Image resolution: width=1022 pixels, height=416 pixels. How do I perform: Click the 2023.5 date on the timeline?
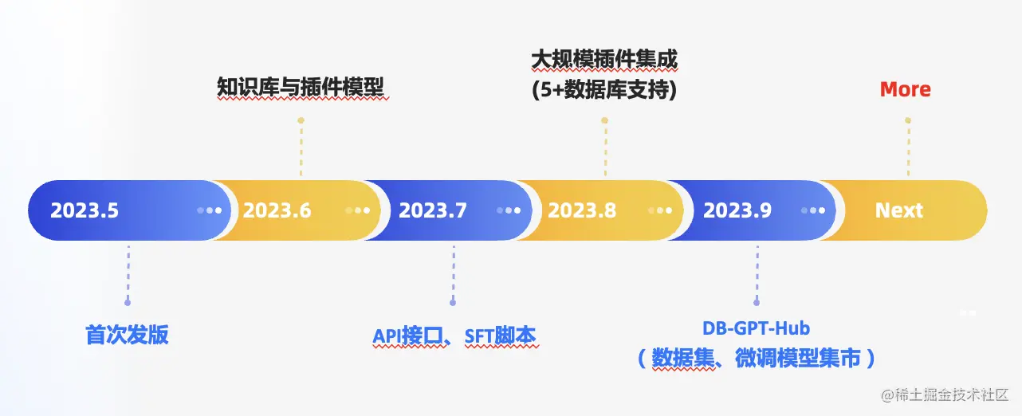(85, 210)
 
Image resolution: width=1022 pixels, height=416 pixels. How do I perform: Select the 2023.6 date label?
(277, 210)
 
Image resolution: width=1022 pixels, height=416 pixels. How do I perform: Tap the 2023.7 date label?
(433, 210)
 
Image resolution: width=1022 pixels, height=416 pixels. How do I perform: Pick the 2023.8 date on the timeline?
(582, 210)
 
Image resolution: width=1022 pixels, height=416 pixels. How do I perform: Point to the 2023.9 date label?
(737, 210)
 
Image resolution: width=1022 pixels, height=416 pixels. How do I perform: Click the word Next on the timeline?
(898, 210)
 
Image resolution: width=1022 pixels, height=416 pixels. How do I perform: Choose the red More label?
(905, 89)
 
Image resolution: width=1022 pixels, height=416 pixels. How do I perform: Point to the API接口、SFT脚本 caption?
(454, 336)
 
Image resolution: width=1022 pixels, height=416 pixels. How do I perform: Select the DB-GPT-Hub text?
(756, 328)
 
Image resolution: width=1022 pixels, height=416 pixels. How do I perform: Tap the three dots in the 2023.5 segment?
(210, 210)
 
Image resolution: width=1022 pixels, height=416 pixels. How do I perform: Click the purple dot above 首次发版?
(128, 302)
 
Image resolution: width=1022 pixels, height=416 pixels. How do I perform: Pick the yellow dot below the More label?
(907, 120)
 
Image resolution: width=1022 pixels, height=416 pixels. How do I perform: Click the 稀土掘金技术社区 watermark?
(945, 394)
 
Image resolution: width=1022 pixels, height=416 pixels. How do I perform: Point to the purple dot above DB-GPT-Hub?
(757, 302)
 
